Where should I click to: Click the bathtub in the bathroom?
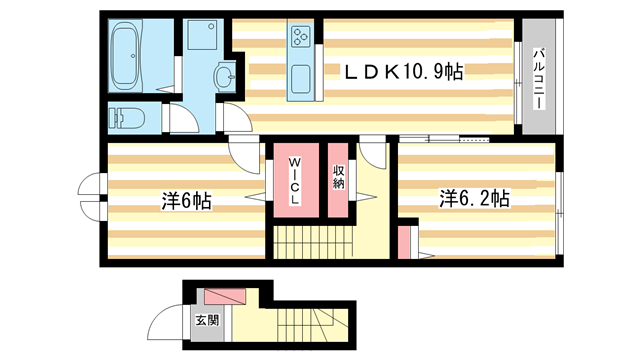point(126,56)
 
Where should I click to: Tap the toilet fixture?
point(127,118)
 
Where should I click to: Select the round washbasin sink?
point(224,77)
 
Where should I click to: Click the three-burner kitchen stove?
point(300,36)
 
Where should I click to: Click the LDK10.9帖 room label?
point(403,72)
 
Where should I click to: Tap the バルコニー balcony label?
point(539,79)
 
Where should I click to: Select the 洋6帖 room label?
point(186,201)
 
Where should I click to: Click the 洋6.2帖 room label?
point(474,199)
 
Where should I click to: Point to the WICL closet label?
point(295,181)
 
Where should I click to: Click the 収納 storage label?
point(338,177)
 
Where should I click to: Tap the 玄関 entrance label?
point(207,320)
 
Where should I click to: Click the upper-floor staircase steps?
point(313,242)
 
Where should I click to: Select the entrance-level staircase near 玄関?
point(309,325)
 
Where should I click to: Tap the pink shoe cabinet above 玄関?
point(225,297)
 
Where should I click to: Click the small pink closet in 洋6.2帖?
point(404,242)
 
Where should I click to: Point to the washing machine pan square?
point(202,36)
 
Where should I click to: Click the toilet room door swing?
point(184,118)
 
